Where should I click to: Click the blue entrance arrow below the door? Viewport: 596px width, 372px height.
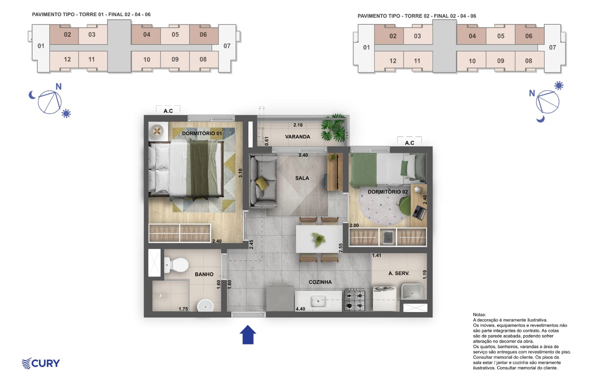[x=248, y=334]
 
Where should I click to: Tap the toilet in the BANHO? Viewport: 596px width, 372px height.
[x=176, y=265]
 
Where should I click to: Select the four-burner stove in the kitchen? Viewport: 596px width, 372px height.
[x=355, y=300]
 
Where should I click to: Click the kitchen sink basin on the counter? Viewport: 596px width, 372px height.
[x=318, y=301]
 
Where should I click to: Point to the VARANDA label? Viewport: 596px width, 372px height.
[x=298, y=136]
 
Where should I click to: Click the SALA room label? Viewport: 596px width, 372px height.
[x=302, y=178]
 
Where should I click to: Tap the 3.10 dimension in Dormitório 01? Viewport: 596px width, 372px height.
[x=240, y=173]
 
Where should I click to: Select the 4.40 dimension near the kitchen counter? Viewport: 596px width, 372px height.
[x=300, y=309]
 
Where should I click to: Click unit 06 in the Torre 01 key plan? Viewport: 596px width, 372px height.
[x=203, y=35]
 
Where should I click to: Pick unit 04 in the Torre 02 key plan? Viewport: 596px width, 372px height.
[x=472, y=36]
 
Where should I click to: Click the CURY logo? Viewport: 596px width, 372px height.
[x=41, y=363]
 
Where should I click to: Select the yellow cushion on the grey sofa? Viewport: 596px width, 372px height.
[x=262, y=183]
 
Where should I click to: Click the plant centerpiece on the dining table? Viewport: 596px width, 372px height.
[x=319, y=239]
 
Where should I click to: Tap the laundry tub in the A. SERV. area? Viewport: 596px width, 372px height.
[x=412, y=291]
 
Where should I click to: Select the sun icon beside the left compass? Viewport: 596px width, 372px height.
[x=66, y=113]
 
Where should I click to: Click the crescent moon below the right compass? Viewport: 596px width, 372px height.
[x=541, y=119]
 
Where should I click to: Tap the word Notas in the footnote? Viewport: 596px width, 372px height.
[x=479, y=315]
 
